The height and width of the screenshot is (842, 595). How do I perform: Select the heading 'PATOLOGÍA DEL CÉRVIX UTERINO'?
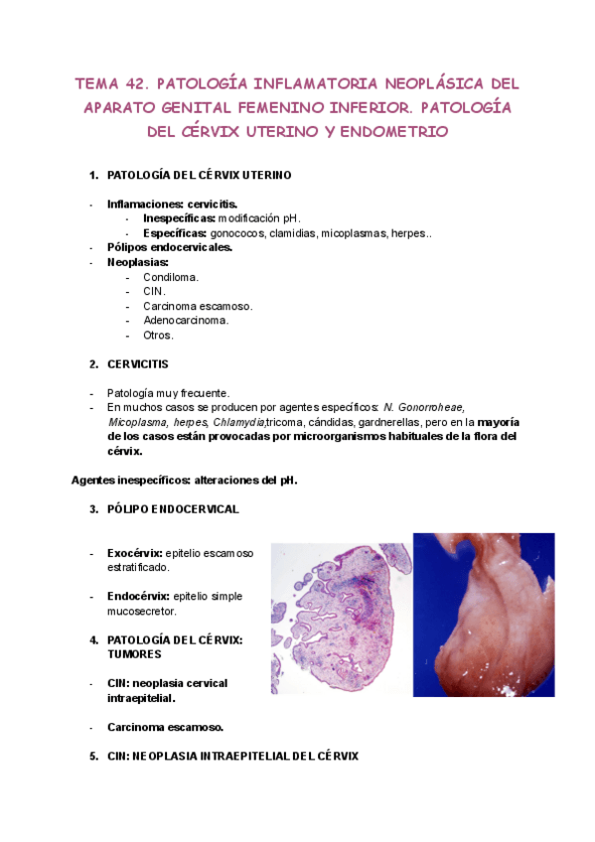click(x=199, y=176)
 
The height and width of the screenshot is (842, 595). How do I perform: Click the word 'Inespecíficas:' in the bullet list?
click(x=179, y=218)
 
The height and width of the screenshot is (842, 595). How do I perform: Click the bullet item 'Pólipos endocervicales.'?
click(x=170, y=247)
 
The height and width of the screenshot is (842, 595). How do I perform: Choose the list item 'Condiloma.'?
click(x=171, y=277)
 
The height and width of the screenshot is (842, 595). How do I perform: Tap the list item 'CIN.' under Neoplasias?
click(x=154, y=292)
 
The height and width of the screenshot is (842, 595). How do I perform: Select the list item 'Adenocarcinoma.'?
click(x=186, y=321)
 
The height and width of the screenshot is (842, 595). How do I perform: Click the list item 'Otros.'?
click(x=158, y=335)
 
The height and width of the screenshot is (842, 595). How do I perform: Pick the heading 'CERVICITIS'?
click(x=138, y=364)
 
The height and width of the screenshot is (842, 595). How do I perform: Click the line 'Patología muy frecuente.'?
click(x=168, y=393)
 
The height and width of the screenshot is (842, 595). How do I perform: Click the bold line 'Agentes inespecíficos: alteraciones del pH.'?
click(x=185, y=480)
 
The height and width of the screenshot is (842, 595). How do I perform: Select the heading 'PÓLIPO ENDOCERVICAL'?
click(x=173, y=509)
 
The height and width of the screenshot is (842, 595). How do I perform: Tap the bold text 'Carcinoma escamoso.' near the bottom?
click(x=165, y=727)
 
